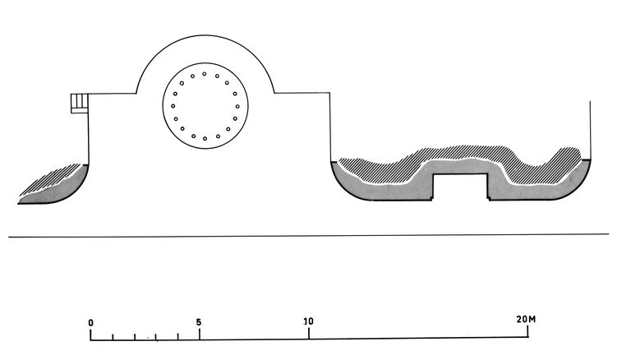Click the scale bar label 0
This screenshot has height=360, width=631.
[91, 322]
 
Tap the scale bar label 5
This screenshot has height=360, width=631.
[199, 322]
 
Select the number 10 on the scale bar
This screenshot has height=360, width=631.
[308, 321]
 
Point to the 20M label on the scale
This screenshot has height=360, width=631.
[526, 320]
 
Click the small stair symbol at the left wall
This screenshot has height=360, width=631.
[79, 104]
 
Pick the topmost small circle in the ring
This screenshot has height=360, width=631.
[205, 74]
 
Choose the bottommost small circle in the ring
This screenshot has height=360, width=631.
[205, 139]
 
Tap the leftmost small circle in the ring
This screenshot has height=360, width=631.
[173, 106]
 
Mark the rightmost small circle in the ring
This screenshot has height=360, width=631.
[237, 106]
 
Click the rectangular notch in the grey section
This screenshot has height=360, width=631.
[460, 187]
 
